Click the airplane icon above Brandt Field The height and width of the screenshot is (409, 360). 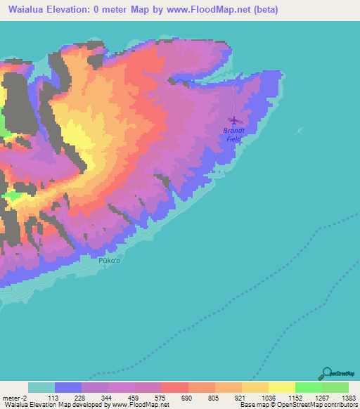[234, 120]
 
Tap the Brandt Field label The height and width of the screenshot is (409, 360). [233, 135]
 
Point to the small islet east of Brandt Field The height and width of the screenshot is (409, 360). [300, 130]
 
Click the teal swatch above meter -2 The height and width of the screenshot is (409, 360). [41, 387]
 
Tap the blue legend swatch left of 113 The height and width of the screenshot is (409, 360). [67, 387]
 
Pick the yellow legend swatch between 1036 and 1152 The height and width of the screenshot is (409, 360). [281, 387]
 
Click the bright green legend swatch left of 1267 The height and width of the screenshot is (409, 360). [308, 387]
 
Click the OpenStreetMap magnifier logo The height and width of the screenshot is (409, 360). [328, 373]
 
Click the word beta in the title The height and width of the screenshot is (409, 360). [265, 10]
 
